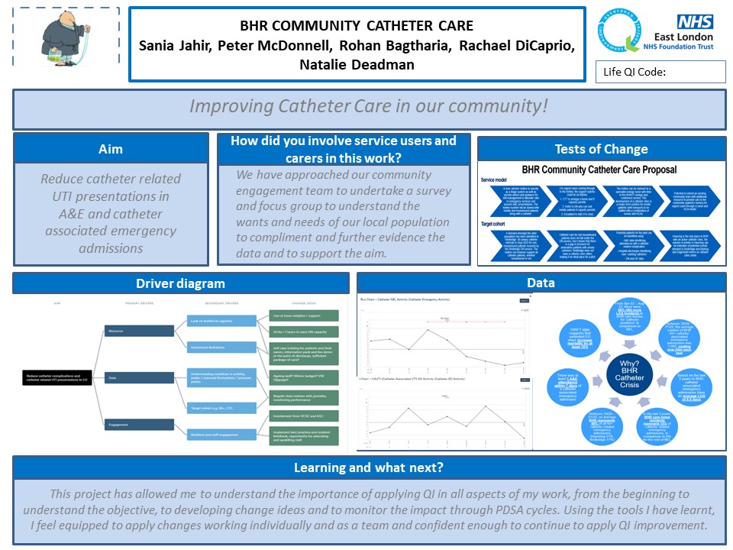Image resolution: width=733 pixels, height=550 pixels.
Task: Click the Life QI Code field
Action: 660,72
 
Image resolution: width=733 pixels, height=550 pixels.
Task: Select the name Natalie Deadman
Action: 357,65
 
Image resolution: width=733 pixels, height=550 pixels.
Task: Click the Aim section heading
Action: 111,149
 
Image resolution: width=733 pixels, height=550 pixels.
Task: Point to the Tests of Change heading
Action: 601,149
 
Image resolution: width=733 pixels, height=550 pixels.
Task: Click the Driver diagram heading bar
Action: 181,283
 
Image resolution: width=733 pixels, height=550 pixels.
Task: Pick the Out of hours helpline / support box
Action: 303,315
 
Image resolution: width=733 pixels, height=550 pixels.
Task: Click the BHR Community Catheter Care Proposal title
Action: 599,170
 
